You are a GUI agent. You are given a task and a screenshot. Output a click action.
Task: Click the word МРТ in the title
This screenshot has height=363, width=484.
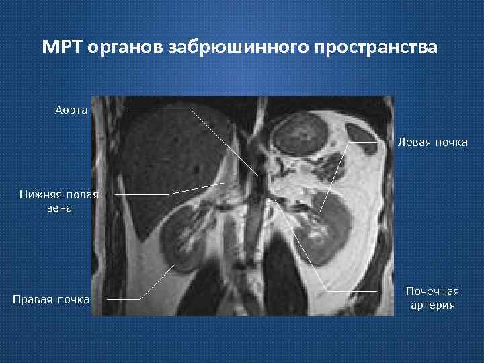[61, 48]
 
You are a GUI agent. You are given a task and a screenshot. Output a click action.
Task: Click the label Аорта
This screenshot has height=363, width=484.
[71, 109]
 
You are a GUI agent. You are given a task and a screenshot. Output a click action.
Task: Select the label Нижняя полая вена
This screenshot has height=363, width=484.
[58, 201]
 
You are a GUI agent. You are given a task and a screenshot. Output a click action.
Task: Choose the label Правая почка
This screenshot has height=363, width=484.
[52, 298]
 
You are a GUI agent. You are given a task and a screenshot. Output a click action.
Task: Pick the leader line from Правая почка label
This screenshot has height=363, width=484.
[158, 282]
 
